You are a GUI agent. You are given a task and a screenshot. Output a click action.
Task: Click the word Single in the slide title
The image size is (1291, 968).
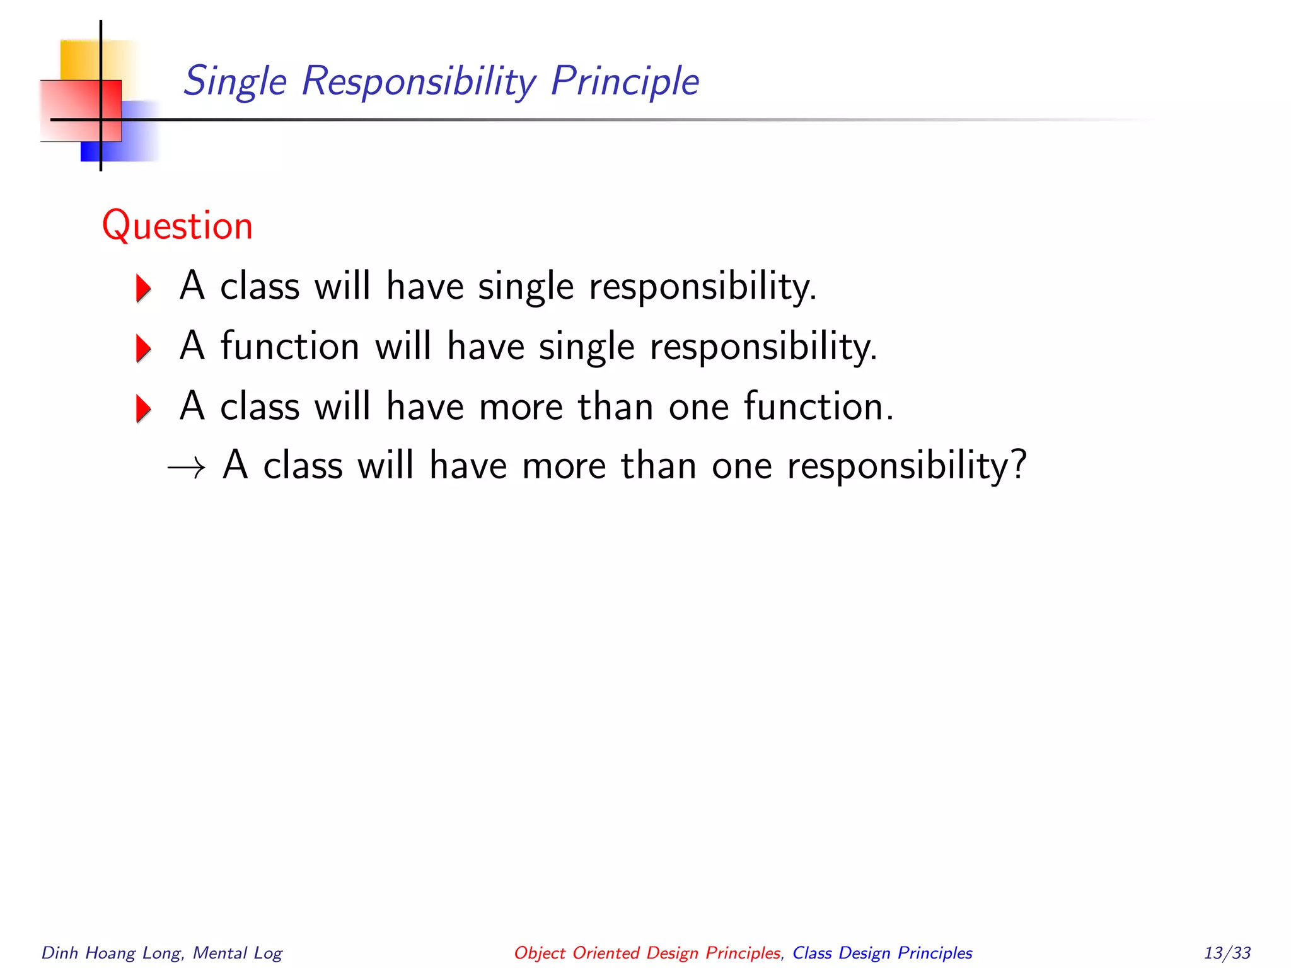coord(235,82)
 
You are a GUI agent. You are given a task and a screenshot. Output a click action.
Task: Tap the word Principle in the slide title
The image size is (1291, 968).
coord(625,82)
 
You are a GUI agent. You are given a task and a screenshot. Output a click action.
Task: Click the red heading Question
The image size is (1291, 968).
coord(177,226)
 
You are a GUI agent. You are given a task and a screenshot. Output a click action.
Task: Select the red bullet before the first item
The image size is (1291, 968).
coord(144,288)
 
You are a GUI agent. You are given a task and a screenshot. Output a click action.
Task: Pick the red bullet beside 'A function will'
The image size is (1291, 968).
coord(144,349)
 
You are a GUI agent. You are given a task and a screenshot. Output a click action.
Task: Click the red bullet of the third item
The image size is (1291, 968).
coord(144,408)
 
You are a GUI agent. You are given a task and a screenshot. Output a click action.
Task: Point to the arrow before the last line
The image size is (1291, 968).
coord(187,468)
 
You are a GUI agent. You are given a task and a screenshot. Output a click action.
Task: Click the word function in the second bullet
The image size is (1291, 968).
coord(290,346)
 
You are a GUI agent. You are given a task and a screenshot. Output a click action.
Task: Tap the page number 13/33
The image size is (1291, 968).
coord(1227,952)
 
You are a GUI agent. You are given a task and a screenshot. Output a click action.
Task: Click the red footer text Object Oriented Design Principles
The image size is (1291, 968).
coord(647,953)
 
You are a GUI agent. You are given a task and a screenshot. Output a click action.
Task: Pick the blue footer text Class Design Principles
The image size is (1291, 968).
coord(882,953)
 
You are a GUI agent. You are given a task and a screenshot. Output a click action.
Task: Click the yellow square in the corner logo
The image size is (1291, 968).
coord(79,60)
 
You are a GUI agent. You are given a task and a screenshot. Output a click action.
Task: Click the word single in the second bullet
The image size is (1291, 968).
coord(586,347)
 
